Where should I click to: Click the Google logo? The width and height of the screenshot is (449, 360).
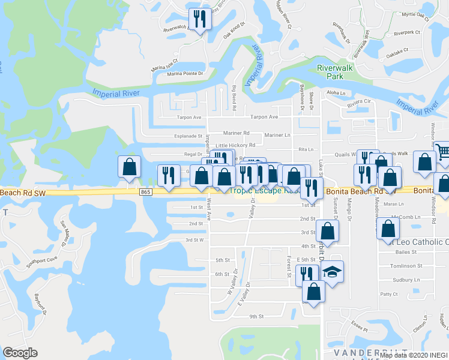pos(20,353)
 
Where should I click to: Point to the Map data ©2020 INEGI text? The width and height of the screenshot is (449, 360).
pos(414,355)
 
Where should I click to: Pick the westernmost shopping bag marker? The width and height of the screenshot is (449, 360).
pos(129,168)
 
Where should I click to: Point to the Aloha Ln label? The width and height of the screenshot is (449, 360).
pos(336,93)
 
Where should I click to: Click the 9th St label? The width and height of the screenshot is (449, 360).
pos(257,316)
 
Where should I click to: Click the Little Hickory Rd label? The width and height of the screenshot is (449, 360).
pos(235,145)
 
